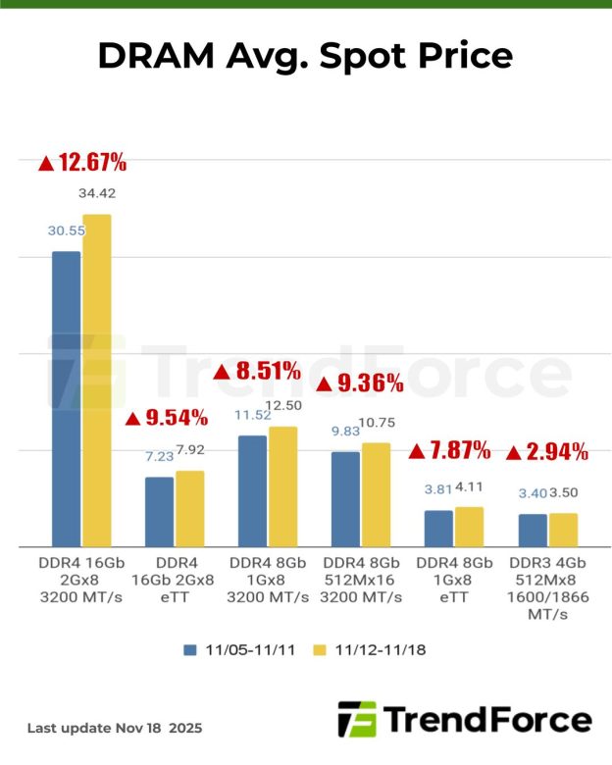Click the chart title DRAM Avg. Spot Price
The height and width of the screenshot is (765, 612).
click(305, 56)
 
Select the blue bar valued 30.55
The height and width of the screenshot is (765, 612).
click(66, 398)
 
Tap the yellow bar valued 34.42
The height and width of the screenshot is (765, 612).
click(96, 380)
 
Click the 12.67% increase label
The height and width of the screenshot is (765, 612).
click(82, 163)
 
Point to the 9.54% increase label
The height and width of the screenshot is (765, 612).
click(167, 419)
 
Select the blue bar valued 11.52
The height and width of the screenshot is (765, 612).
click(252, 490)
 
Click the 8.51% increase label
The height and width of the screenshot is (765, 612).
click(257, 371)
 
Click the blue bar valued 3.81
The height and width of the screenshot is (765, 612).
click(438, 528)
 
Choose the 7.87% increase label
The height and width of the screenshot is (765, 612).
click(448, 451)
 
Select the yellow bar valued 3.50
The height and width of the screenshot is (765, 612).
click(563, 530)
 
